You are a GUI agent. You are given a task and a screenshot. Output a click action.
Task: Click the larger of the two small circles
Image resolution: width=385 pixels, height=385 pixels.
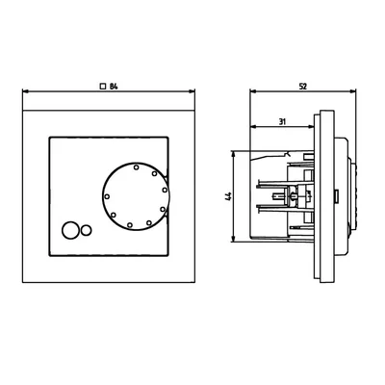coord(69,230)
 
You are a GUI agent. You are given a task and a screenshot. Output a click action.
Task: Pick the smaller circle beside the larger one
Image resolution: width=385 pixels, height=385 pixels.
coord(86,230)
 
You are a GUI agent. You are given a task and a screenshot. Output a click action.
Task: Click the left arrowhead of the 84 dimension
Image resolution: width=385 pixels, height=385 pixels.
coord(23,94)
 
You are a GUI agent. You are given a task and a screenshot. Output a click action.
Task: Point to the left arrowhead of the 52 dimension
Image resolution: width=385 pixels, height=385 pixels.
coord(251,94)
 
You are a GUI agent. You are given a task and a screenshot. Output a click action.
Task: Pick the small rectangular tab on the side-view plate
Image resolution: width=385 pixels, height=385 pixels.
coord(336,196)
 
